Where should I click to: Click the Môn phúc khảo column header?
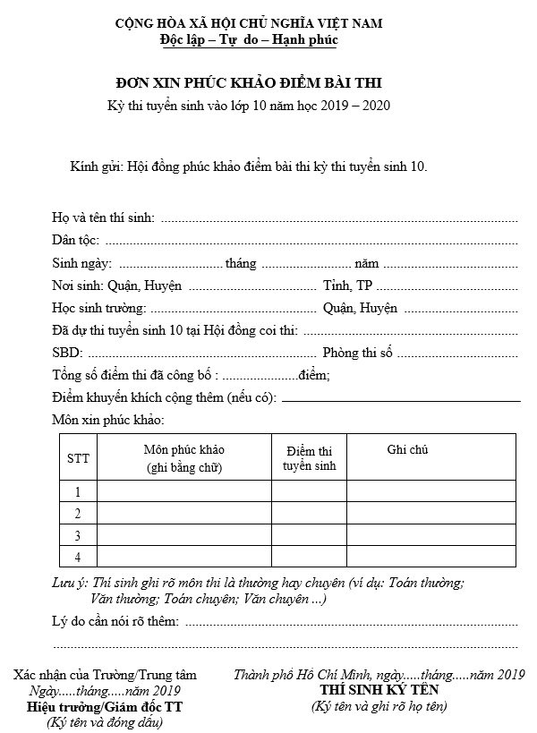pos(184,457)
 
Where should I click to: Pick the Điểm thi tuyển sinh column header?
pos(309,458)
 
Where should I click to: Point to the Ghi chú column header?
pos(407,449)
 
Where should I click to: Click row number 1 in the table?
pos(78,491)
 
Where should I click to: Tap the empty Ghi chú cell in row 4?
pos(430,557)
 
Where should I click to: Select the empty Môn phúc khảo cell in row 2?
pos(184,513)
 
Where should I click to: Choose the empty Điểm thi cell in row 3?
pos(309,535)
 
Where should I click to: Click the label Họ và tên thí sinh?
pos(103,217)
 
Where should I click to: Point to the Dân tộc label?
pos(76,240)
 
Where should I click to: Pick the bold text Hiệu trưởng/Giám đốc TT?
pos(105,707)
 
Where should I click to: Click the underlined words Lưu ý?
pos(70,583)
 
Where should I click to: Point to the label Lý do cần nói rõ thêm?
pos(115,621)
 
